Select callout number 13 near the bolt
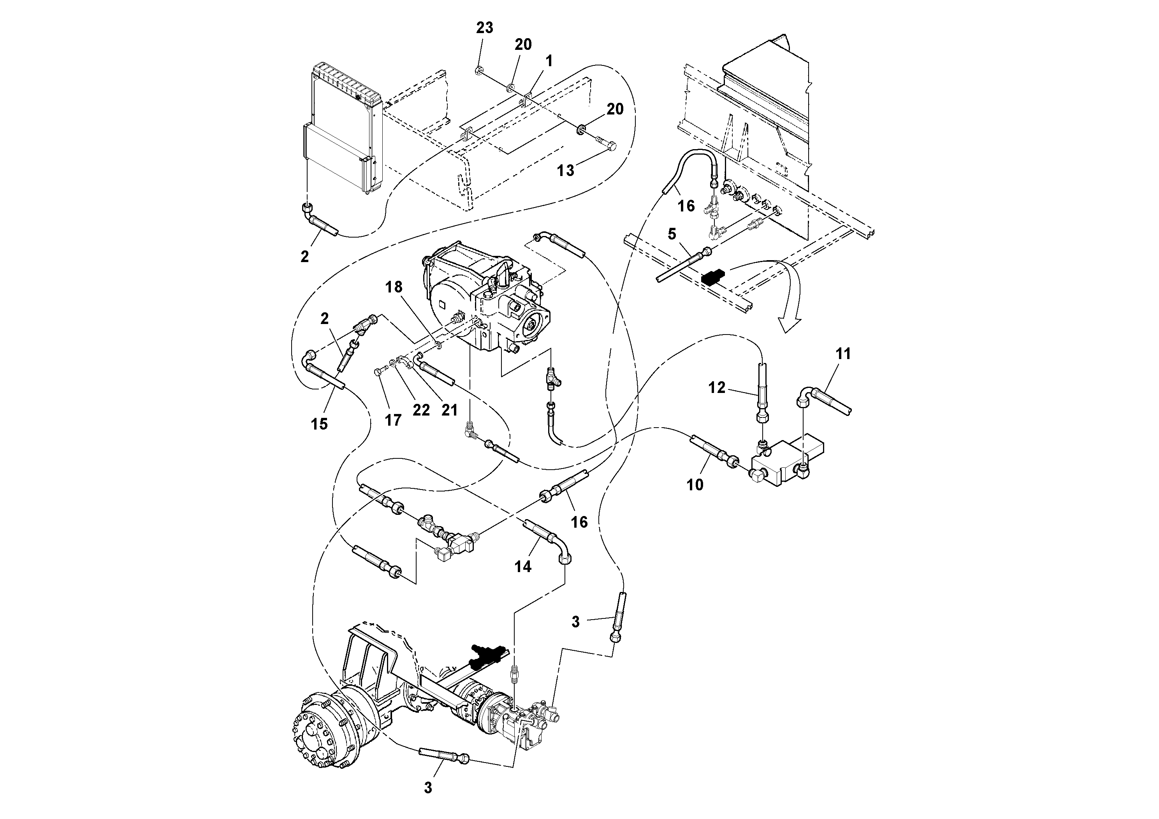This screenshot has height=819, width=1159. (565, 171)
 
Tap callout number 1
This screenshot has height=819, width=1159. (549, 61)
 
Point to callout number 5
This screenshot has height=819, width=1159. (671, 234)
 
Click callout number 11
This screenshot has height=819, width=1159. (843, 354)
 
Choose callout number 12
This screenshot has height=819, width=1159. (717, 387)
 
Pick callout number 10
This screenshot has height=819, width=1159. (695, 485)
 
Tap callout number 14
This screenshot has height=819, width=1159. (523, 567)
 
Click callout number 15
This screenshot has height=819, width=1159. (319, 424)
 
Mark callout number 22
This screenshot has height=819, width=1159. (421, 410)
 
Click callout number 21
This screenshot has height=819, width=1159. (449, 410)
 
